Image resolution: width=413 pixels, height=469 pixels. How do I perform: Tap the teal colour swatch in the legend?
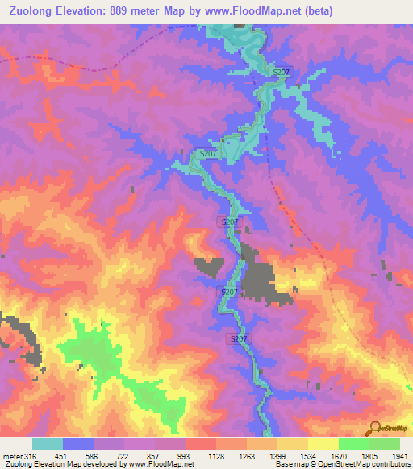(x=48, y=444)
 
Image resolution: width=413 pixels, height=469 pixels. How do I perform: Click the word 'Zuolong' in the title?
(x=30, y=10)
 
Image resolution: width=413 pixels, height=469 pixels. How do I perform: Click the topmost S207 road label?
(x=281, y=73)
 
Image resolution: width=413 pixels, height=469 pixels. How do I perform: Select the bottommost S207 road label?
(x=239, y=340)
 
